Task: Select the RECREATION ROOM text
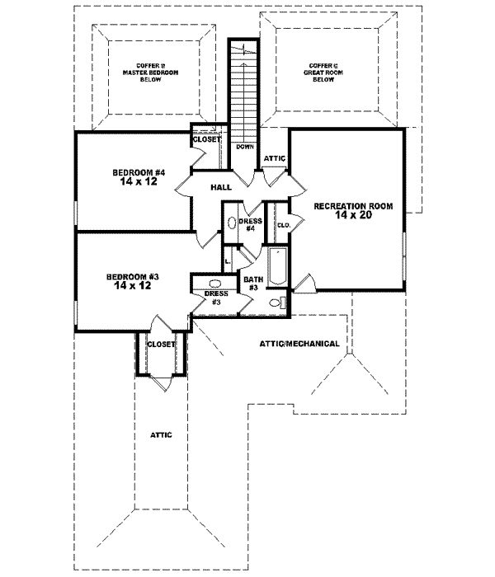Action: tap(352, 205)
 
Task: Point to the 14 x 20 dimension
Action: tap(352, 215)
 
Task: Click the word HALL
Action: tap(219, 188)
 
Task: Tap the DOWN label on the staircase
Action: tap(244, 147)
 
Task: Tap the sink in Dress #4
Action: tap(229, 223)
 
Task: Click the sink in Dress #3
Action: tap(215, 283)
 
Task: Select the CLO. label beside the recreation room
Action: tap(282, 224)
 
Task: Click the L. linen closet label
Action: tap(229, 261)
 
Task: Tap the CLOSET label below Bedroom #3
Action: tap(161, 345)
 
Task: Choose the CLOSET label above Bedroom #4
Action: tap(205, 139)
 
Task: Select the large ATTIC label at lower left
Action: tap(160, 434)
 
